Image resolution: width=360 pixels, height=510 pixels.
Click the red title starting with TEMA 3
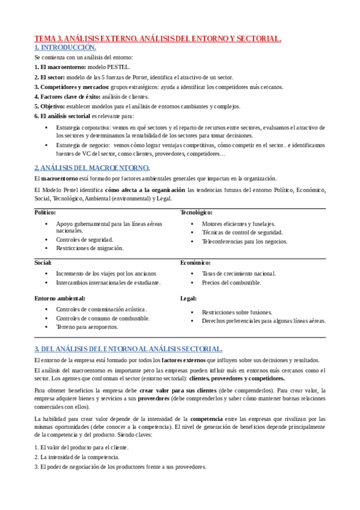pyautogui.click(x=157, y=39)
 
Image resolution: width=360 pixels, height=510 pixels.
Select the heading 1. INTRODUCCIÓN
pyautogui.click(x=65, y=47)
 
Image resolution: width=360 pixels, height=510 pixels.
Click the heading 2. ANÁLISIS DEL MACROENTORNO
pyautogui.click(x=92, y=168)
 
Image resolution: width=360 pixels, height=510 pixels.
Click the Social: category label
pyautogui.click(x=43, y=262)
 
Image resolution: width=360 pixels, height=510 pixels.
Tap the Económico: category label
pyautogui.click(x=195, y=262)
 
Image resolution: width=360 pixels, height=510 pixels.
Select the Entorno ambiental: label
pyautogui.click(x=59, y=298)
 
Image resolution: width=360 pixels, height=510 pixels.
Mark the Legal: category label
pyautogui.click(x=189, y=298)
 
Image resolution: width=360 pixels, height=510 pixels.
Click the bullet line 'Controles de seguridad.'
pyautogui.click(x=85, y=239)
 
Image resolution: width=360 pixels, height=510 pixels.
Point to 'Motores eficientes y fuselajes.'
pyautogui.click(x=239, y=223)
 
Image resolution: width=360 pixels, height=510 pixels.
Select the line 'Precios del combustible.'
pyautogui.click(x=231, y=282)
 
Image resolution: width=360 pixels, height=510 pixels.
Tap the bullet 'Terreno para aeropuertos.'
pyautogui.click(x=87, y=327)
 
